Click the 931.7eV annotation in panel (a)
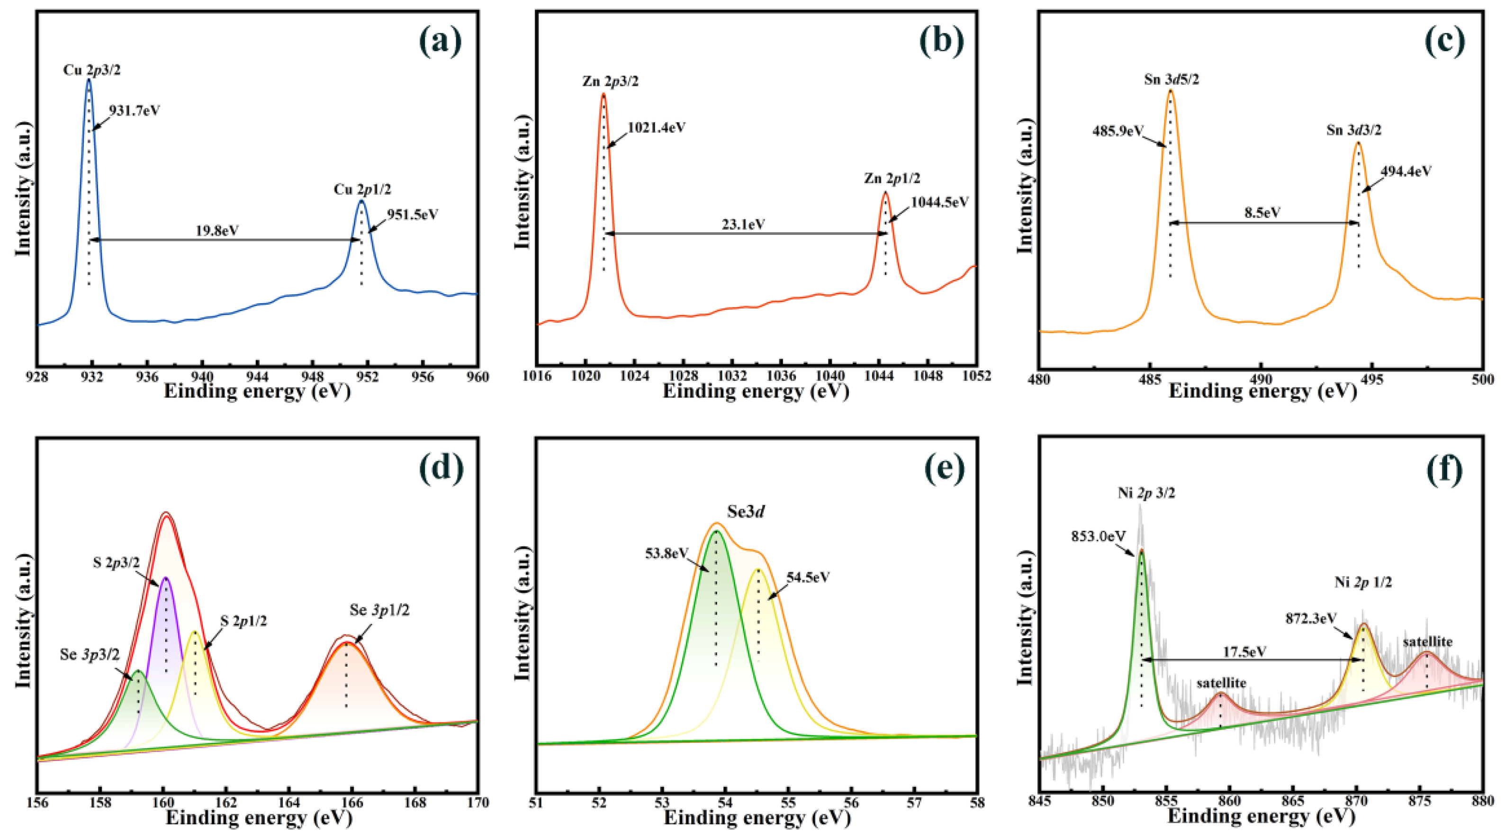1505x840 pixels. click(x=135, y=110)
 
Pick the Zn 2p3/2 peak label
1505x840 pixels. click(x=610, y=81)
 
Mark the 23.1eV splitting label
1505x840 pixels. click(x=743, y=224)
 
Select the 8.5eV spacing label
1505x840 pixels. click(x=1262, y=212)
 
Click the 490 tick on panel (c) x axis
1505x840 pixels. click(x=1261, y=379)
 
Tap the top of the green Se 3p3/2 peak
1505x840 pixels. click(x=138, y=671)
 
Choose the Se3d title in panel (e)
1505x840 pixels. click(x=746, y=512)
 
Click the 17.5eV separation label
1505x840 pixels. click(x=1244, y=651)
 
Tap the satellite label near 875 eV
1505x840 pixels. click(x=1427, y=641)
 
